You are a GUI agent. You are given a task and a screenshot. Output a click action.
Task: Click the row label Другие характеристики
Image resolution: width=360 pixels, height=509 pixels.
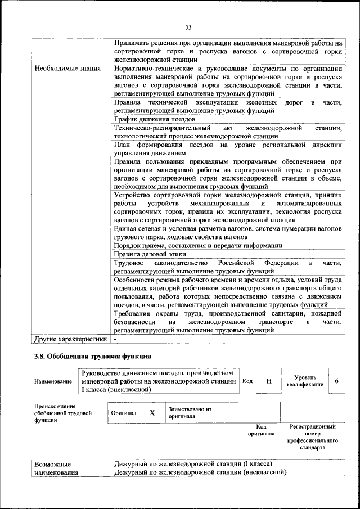click(70, 339)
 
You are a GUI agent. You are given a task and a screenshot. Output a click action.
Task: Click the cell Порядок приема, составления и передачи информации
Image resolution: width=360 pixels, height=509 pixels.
click(197, 246)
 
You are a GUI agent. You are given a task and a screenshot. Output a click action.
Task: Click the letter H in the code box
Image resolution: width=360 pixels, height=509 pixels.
click(269, 381)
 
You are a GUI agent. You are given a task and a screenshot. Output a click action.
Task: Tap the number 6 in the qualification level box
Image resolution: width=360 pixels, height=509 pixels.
click(336, 381)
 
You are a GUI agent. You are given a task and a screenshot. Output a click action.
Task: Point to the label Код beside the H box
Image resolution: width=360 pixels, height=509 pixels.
click(247, 381)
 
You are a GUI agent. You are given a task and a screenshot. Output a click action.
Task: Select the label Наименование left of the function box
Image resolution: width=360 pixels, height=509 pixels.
click(53, 381)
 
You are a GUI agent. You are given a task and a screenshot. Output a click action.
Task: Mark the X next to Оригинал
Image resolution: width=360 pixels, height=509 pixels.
click(152, 412)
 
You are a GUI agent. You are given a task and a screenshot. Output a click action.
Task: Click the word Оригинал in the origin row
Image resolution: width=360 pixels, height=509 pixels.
click(124, 413)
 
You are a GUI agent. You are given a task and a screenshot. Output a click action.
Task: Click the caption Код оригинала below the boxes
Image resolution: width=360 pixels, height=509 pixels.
click(261, 430)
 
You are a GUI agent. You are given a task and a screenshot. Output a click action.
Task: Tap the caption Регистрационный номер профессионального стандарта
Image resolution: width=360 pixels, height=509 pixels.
click(312, 438)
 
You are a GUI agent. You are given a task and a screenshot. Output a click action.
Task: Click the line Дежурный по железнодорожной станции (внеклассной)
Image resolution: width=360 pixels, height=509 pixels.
click(200, 472)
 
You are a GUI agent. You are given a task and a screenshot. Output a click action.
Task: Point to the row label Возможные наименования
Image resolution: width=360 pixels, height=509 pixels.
click(56, 469)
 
